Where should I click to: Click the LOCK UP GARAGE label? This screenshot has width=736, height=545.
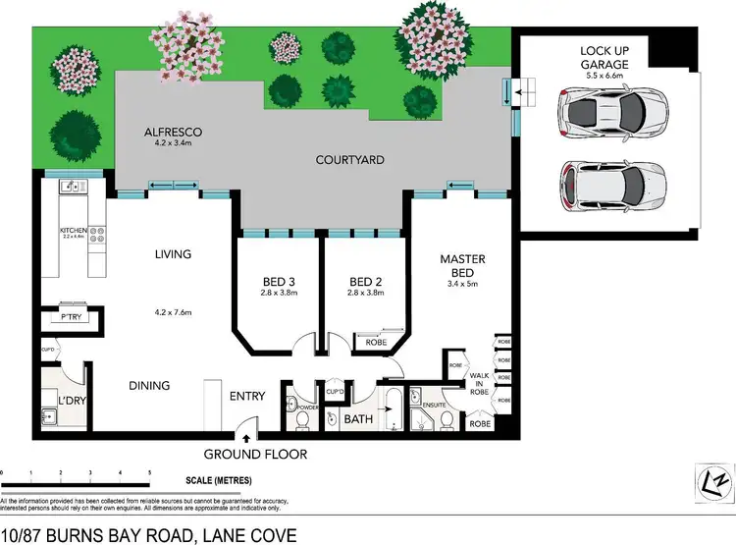(604, 57)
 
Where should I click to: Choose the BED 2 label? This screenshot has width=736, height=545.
(365, 279)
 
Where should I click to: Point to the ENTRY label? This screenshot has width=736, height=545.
(248, 396)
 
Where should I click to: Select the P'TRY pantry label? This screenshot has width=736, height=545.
(70, 318)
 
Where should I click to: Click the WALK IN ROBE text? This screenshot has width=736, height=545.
(481, 383)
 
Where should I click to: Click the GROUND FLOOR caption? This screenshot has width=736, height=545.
(255, 454)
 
